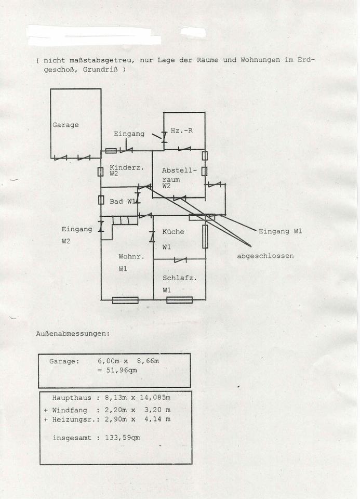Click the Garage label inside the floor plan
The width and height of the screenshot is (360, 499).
[x=65, y=125]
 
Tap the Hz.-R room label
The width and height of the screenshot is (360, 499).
[x=182, y=130]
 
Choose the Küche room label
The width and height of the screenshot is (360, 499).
[x=173, y=232]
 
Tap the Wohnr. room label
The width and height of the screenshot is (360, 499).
[x=131, y=256]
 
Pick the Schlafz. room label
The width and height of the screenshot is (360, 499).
[x=180, y=278]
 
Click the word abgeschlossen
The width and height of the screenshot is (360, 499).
[x=265, y=256]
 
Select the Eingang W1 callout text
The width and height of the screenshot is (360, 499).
[x=280, y=231]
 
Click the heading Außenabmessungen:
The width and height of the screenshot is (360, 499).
[x=73, y=334]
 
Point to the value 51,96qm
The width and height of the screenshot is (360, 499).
[x=122, y=370]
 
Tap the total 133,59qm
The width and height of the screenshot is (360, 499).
[x=123, y=438]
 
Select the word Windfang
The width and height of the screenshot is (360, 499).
[x=70, y=410]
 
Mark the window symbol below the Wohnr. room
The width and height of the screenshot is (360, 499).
[x=125, y=300]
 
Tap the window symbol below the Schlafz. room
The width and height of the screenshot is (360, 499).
[x=180, y=300]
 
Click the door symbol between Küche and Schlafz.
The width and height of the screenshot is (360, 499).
[x=180, y=260]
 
